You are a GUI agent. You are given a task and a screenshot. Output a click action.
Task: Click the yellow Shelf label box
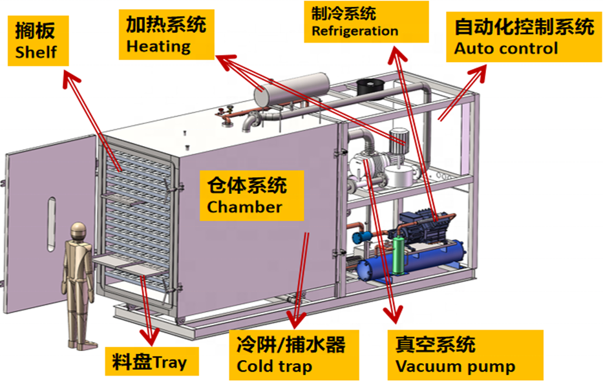pos(38,41)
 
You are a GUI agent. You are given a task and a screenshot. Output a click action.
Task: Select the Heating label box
pos(167,35)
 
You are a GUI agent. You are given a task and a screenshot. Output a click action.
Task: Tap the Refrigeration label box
pos(366,21)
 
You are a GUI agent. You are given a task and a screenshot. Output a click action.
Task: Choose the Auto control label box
pos(524,37)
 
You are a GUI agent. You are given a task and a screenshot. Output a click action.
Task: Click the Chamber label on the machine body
pos(252,196)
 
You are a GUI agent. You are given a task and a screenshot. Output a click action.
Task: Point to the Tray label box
pos(152,361)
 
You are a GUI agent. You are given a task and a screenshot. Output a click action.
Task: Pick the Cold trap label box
pos(294,355)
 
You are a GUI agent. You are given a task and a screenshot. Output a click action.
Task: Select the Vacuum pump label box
pos(465,355)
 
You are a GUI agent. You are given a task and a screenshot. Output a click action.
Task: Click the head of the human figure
pos(78,232)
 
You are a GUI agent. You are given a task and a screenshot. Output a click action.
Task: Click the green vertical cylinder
pos(400,255)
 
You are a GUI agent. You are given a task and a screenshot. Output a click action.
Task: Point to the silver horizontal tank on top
pos(292,90)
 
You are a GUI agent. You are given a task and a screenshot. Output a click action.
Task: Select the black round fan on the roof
pos(371,87)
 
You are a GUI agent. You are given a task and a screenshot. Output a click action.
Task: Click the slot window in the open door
pos(52,224)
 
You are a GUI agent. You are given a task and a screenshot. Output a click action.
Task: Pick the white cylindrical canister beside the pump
pos(401,176)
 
